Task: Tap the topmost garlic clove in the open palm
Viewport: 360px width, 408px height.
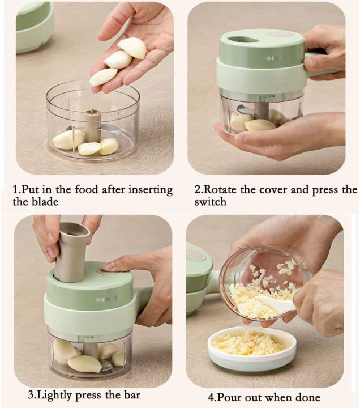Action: click(133, 48)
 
